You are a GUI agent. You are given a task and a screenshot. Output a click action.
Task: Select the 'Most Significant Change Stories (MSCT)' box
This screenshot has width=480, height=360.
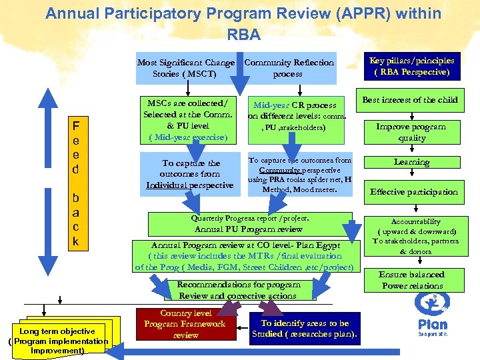pyautogui.click(x=185, y=68)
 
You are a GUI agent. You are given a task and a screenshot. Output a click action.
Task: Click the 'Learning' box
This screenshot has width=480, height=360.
pyautogui.click(x=411, y=162)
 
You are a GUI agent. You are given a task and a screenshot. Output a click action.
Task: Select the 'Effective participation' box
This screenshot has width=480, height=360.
pyautogui.click(x=414, y=191)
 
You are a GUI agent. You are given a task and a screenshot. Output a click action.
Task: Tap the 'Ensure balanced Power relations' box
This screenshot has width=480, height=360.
pyautogui.click(x=412, y=280)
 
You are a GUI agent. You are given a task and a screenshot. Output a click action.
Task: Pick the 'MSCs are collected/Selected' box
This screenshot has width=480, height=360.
pyautogui.click(x=187, y=120)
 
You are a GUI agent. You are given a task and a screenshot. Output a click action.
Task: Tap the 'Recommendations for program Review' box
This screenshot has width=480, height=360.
pyautogui.click(x=238, y=289)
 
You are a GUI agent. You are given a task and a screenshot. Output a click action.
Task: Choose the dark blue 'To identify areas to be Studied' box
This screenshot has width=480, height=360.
pyautogui.click(x=304, y=329)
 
